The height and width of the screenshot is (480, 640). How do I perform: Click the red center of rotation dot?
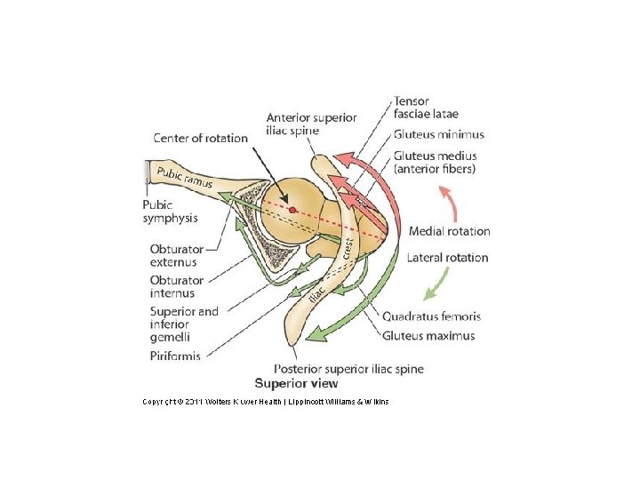coord(292,210)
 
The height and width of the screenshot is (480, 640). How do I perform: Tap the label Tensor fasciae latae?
coord(426,108)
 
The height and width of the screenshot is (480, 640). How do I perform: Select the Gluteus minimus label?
coord(439,135)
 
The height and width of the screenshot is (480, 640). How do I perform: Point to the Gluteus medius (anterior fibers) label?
coord(436,163)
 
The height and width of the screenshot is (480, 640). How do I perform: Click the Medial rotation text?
coord(449,231)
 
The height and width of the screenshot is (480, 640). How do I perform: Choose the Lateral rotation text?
coord(448,258)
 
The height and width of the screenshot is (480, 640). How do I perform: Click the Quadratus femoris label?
coord(431,316)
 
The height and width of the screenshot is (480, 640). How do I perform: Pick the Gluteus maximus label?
coord(428,336)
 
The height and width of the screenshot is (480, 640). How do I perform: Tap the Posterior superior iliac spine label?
coord(348,369)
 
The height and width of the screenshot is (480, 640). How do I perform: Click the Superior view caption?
coord(296,384)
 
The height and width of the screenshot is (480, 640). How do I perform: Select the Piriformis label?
coord(175,356)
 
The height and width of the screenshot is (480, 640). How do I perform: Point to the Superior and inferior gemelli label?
coord(183,324)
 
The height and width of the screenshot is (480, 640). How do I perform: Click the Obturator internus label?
coord(177,287)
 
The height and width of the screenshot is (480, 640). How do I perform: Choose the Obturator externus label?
coord(177,256)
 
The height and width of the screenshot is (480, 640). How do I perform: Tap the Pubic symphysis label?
coord(170,211)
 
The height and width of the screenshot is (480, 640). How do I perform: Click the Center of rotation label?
coord(201,138)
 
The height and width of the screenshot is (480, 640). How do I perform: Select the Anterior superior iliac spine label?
coord(311,124)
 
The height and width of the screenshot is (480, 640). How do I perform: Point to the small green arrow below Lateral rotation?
coord(435,284)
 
